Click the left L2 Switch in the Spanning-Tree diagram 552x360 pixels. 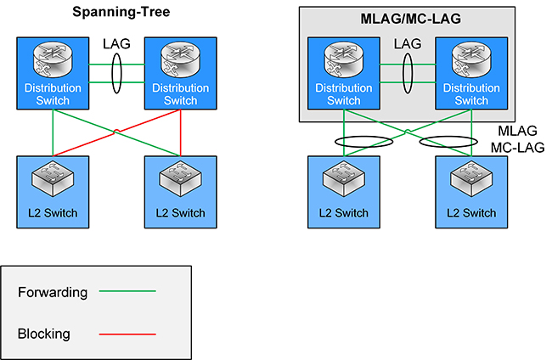coord(54,191)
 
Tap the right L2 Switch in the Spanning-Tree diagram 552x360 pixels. coord(180,191)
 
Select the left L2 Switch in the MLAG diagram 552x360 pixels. coord(343,191)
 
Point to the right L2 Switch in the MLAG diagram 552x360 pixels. coord(470,191)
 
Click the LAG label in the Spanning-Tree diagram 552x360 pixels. coord(116,42)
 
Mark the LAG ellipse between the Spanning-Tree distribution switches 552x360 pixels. coord(116,71)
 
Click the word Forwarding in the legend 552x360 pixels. coord(53,293)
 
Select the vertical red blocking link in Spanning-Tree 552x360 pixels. coord(181,133)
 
